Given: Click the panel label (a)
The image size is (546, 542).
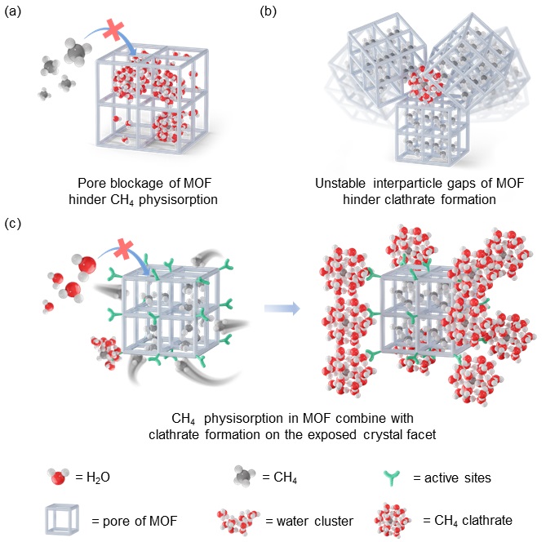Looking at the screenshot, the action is tap(13, 12).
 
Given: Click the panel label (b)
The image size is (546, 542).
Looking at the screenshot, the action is tap(269, 12).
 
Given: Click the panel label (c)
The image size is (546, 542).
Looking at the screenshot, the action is tap(13, 224).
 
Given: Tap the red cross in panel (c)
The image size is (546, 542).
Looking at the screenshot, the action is tap(123, 250).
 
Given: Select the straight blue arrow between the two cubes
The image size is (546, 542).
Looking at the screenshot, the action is tap(282, 309).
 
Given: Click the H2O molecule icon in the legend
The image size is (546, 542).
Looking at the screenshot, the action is tap(58, 477).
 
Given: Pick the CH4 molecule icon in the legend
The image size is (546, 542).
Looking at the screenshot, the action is tap(245, 476).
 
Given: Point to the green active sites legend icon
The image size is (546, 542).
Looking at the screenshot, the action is tap(392, 478).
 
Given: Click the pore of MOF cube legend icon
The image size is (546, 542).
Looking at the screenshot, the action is tap(62, 519).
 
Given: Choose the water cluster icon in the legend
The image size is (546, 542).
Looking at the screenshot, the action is tap(238, 522).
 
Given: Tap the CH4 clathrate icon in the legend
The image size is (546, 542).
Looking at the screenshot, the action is tap(393, 521).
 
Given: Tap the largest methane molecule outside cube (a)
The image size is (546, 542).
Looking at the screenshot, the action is tap(78, 51).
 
